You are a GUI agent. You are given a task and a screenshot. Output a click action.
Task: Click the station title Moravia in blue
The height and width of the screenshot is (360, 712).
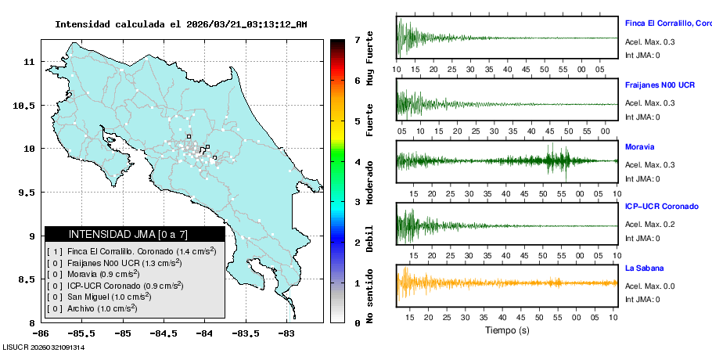tap(639, 146)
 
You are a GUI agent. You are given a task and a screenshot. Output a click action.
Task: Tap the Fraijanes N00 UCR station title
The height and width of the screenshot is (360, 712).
tap(660, 84)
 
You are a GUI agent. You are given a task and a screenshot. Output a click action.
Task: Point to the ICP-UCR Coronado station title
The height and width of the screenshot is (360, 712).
tap(661, 207)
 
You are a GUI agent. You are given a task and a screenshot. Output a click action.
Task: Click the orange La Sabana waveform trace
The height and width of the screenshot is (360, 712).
tap(507, 283)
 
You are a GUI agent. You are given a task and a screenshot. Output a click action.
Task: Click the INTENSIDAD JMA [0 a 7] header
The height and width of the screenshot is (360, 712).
tap(134, 234)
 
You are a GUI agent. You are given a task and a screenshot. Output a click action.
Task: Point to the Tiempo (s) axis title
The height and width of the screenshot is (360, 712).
tap(507, 330)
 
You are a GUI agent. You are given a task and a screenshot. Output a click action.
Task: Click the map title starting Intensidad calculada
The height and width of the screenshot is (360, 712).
tap(181, 24)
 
